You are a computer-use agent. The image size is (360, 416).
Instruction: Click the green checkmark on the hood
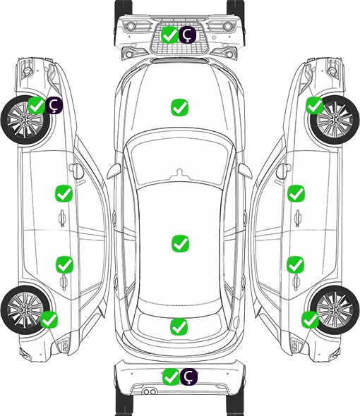[179, 107]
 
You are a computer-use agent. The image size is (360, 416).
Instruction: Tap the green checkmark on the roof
[180, 243]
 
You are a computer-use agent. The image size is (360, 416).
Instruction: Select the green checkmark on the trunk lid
[179, 326]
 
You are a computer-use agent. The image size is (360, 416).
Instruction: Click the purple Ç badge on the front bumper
[187, 35]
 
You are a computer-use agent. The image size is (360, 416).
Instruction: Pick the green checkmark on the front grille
[169, 35]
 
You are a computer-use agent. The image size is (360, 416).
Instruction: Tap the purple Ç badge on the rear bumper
[188, 377]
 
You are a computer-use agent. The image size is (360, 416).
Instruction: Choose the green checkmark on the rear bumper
[171, 377]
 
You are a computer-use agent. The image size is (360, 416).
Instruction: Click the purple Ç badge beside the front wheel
[54, 105]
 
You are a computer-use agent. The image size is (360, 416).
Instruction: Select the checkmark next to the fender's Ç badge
[37, 105]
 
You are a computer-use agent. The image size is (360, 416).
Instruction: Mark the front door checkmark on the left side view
[64, 193]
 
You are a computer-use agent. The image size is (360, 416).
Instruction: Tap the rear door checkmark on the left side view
[64, 264]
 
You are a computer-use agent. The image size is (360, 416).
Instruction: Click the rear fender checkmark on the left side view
[49, 319]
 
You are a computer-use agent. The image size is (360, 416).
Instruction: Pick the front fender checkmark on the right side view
[315, 105]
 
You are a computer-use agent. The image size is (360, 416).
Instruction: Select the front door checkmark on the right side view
[296, 193]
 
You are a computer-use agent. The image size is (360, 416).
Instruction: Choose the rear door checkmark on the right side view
[296, 264]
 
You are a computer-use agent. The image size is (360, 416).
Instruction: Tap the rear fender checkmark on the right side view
[311, 319]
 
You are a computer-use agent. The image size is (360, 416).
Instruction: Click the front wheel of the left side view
[25, 121]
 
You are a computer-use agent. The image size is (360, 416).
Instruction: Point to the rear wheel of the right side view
[335, 310]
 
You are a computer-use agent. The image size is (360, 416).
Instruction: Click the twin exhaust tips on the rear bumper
[149, 392]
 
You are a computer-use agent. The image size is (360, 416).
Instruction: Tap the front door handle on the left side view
[62, 218]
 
